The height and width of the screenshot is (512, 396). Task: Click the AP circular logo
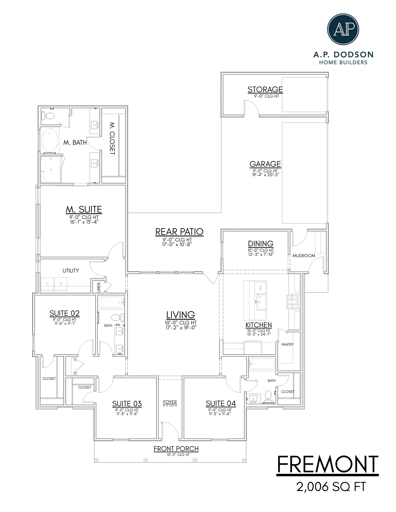point(343,29)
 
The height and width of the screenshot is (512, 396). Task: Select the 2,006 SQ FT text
point(331,487)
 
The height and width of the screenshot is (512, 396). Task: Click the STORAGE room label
point(265,89)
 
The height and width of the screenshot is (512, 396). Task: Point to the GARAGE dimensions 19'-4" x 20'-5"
point(266,175)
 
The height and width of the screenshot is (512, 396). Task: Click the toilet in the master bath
point(48,116)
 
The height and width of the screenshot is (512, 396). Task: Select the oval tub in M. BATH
point(50,140)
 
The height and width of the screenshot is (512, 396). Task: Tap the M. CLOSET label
point(112,138)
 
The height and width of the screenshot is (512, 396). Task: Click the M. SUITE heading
point(84,210)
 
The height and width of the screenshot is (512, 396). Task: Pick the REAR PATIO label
point(179,232)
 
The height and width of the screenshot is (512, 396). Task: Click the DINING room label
point(260,244)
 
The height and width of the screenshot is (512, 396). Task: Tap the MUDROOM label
point(304,256)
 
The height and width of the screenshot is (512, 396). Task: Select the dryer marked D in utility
point(47,284)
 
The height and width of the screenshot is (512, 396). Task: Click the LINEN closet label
point(99,287)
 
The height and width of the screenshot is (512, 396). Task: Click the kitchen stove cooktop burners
point(293,302)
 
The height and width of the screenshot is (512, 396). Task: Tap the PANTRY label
point(288,344)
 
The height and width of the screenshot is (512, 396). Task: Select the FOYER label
point(170,402)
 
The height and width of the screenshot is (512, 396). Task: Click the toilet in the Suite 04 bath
point(268,396)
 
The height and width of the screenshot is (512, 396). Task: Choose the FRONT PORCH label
point(176,449)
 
